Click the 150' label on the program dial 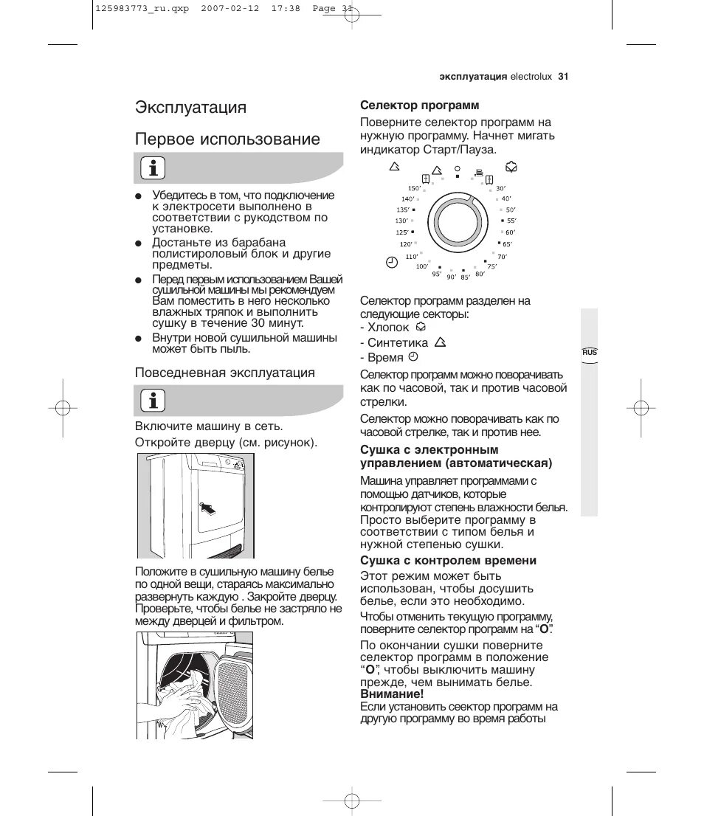click(x=414, y=189)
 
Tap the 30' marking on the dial click(x=500, y=189)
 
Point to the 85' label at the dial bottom click(x=465, y=277)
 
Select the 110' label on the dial click(x=411, y=257)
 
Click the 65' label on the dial click(x=507, y=244)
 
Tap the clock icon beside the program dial click(x=392, y=262)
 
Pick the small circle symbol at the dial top click(x=458, y=168)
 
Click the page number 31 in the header click(x=563, y=76)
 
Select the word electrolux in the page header click(x=531, y=76)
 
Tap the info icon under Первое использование click(x=153, y=168)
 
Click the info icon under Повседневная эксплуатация click(x=153, y=401)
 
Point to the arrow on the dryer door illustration click(x=210, y=508)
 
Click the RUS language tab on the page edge click(x=590, y=353)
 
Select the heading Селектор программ click(x=420, y=106)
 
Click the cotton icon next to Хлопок click(x=421, y=326)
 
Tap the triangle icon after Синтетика click(x=441, y=342)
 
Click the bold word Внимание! click(x=392, y=694)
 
